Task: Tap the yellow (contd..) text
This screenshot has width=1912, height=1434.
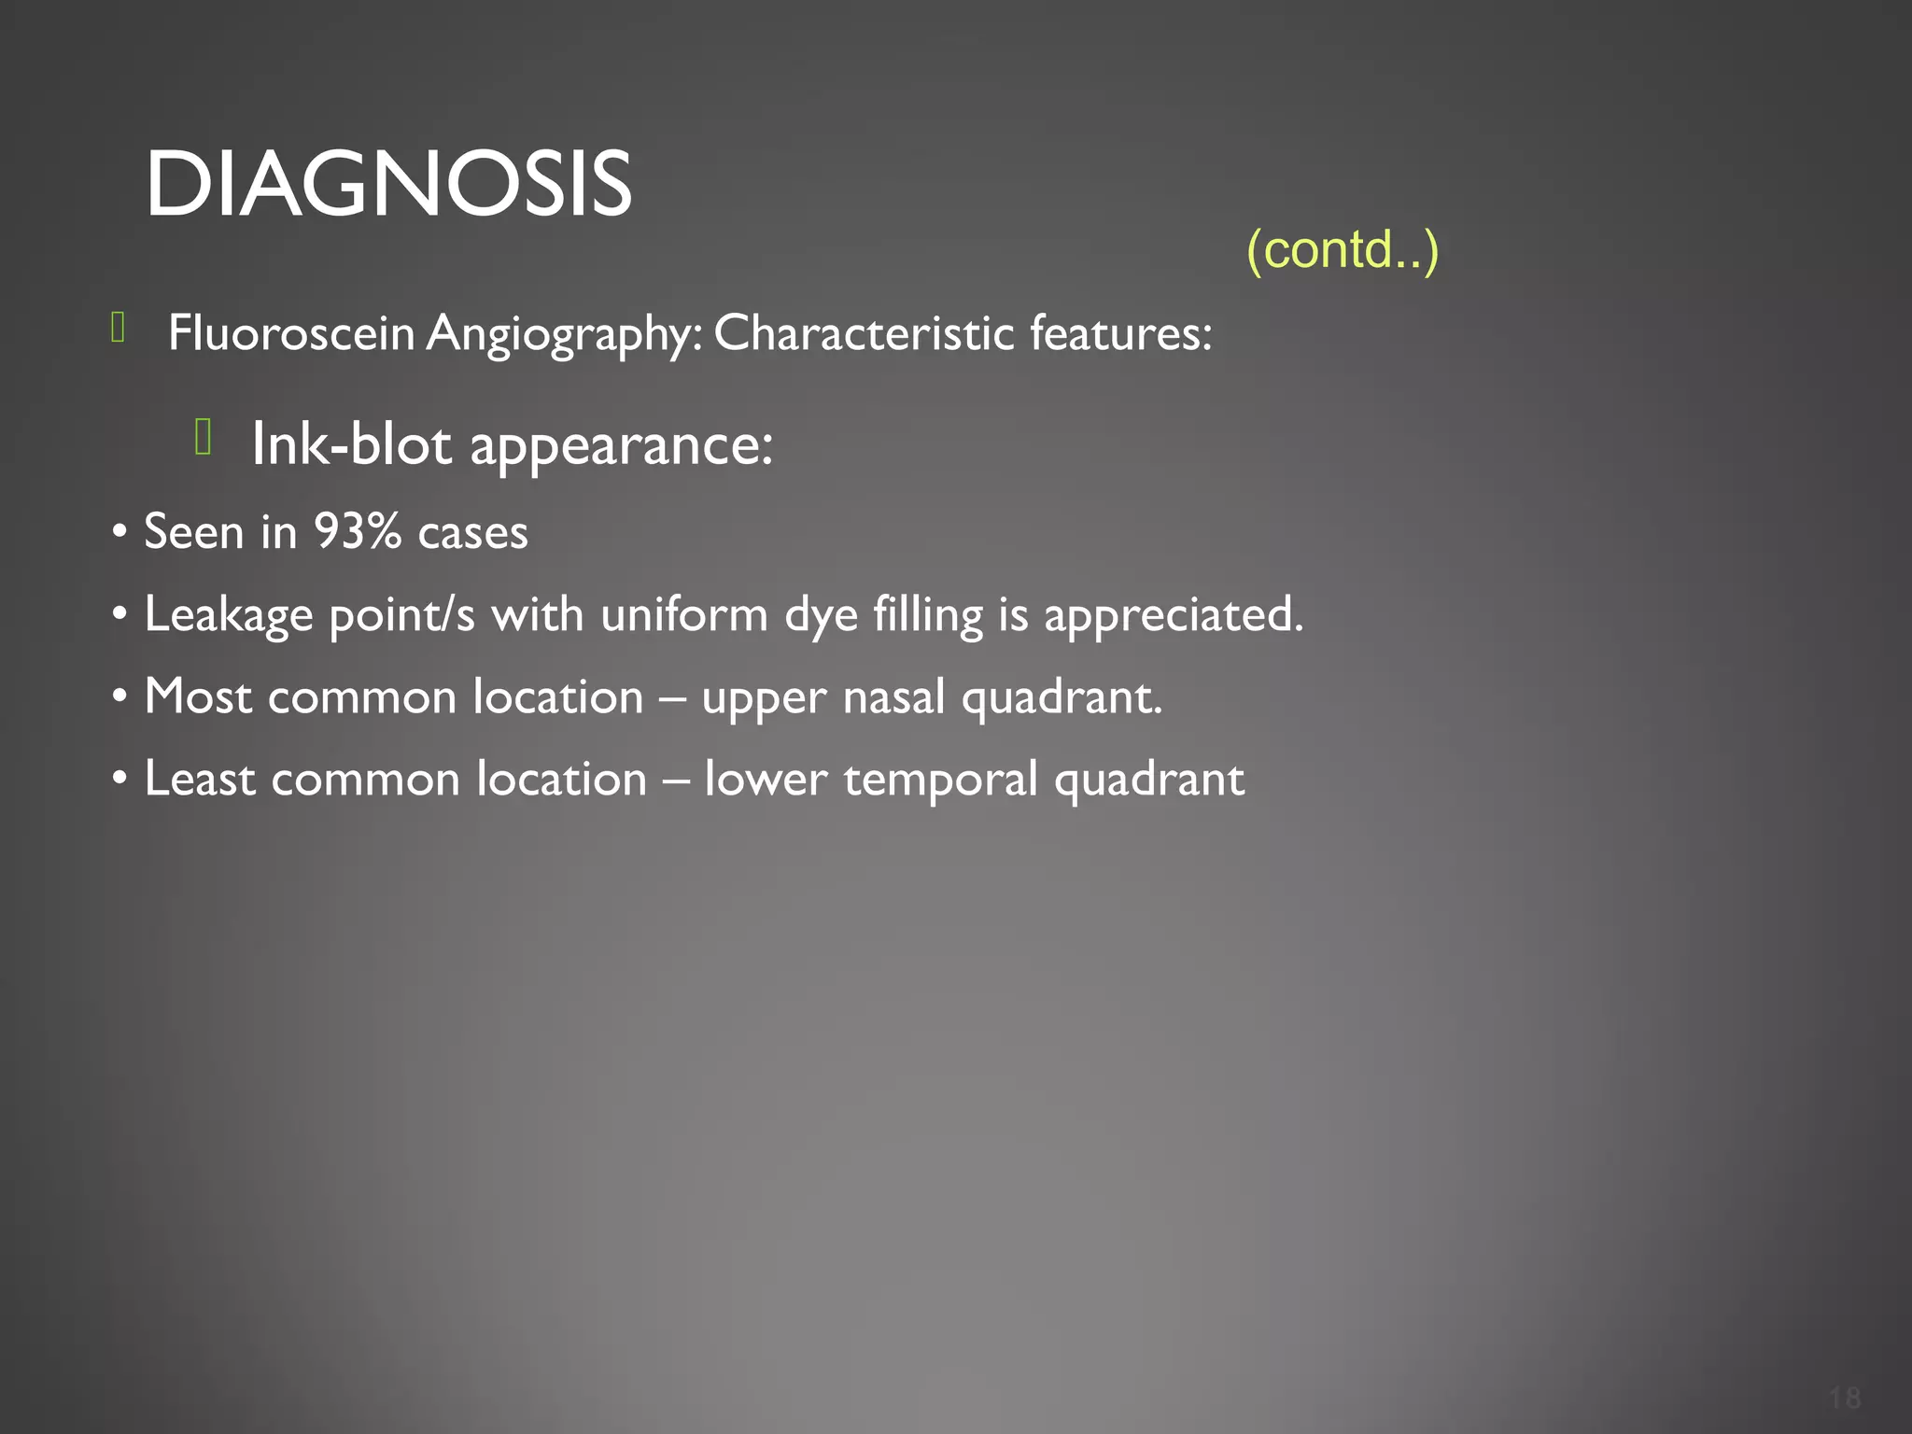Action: coord(1343,249)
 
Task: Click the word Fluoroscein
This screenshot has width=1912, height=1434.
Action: coord(290,332)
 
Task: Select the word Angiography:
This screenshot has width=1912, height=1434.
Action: coord(564,334)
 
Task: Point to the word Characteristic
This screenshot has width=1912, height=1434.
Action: coord(864,332)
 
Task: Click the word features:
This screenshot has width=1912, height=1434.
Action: coord(1120,332)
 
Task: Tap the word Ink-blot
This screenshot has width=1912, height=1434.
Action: coord(351,443)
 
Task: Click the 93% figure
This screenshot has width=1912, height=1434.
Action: coord(357,531)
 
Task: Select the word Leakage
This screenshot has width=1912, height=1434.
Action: coord(228,615)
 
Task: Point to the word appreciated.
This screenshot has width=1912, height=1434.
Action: coord(1173,615)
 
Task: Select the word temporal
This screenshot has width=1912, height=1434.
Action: coord(940,780)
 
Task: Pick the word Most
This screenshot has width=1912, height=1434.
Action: coord(198,696)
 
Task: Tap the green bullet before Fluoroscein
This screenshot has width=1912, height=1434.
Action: coord(119,328)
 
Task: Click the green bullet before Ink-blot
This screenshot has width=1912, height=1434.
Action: coord(204,436)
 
